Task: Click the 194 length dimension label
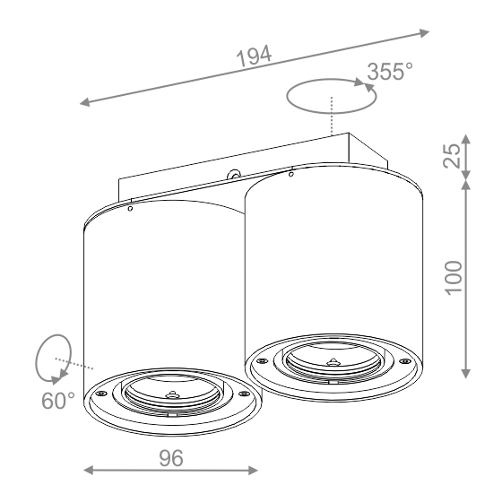(254, 56)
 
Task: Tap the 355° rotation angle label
(390, 72)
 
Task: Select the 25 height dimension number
(452, 156)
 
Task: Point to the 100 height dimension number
(454, 278)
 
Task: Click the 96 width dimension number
(171, 458)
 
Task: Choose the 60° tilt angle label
(58, 401)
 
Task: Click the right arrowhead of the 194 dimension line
(424, 32)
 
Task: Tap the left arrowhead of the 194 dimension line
(85, 102)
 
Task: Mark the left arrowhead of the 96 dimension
(89, 471)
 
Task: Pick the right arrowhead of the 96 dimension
(253, 471)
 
